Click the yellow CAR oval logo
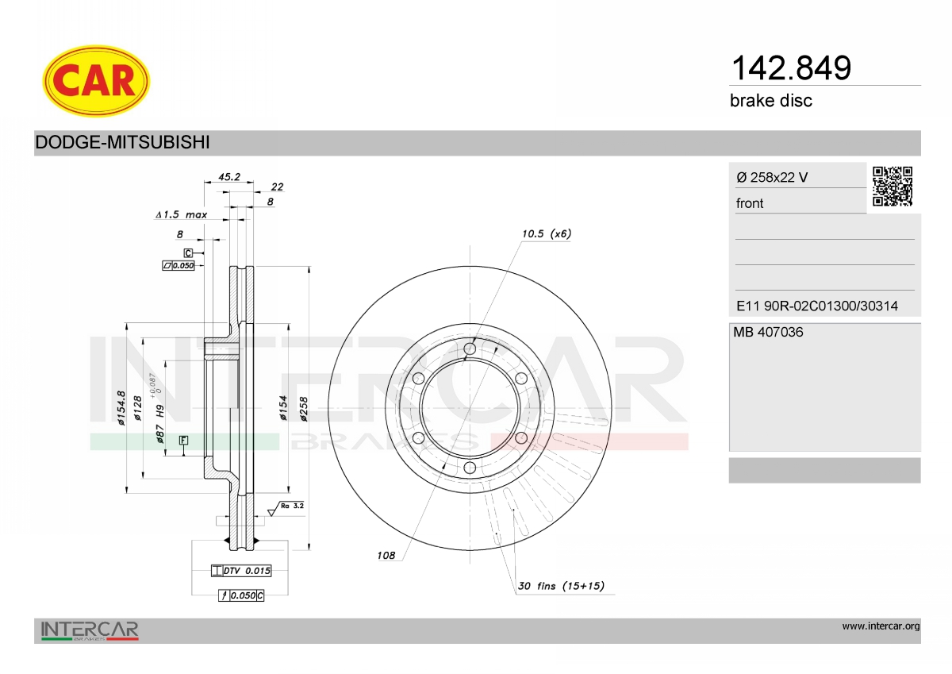click(x=96, y=81)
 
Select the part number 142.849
click(x=791, y=68)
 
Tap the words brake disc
click(x=771, y=101)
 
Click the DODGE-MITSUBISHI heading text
click(x=122, y=142)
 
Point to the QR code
click(x=892, y=187)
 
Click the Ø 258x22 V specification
click(x=772, y=177)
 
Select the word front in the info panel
click(x=750, y=203)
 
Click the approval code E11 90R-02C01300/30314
click(x=817, y=306)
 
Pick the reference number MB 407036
click(x=768, y=332)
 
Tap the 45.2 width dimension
click(x=229, y=176)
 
